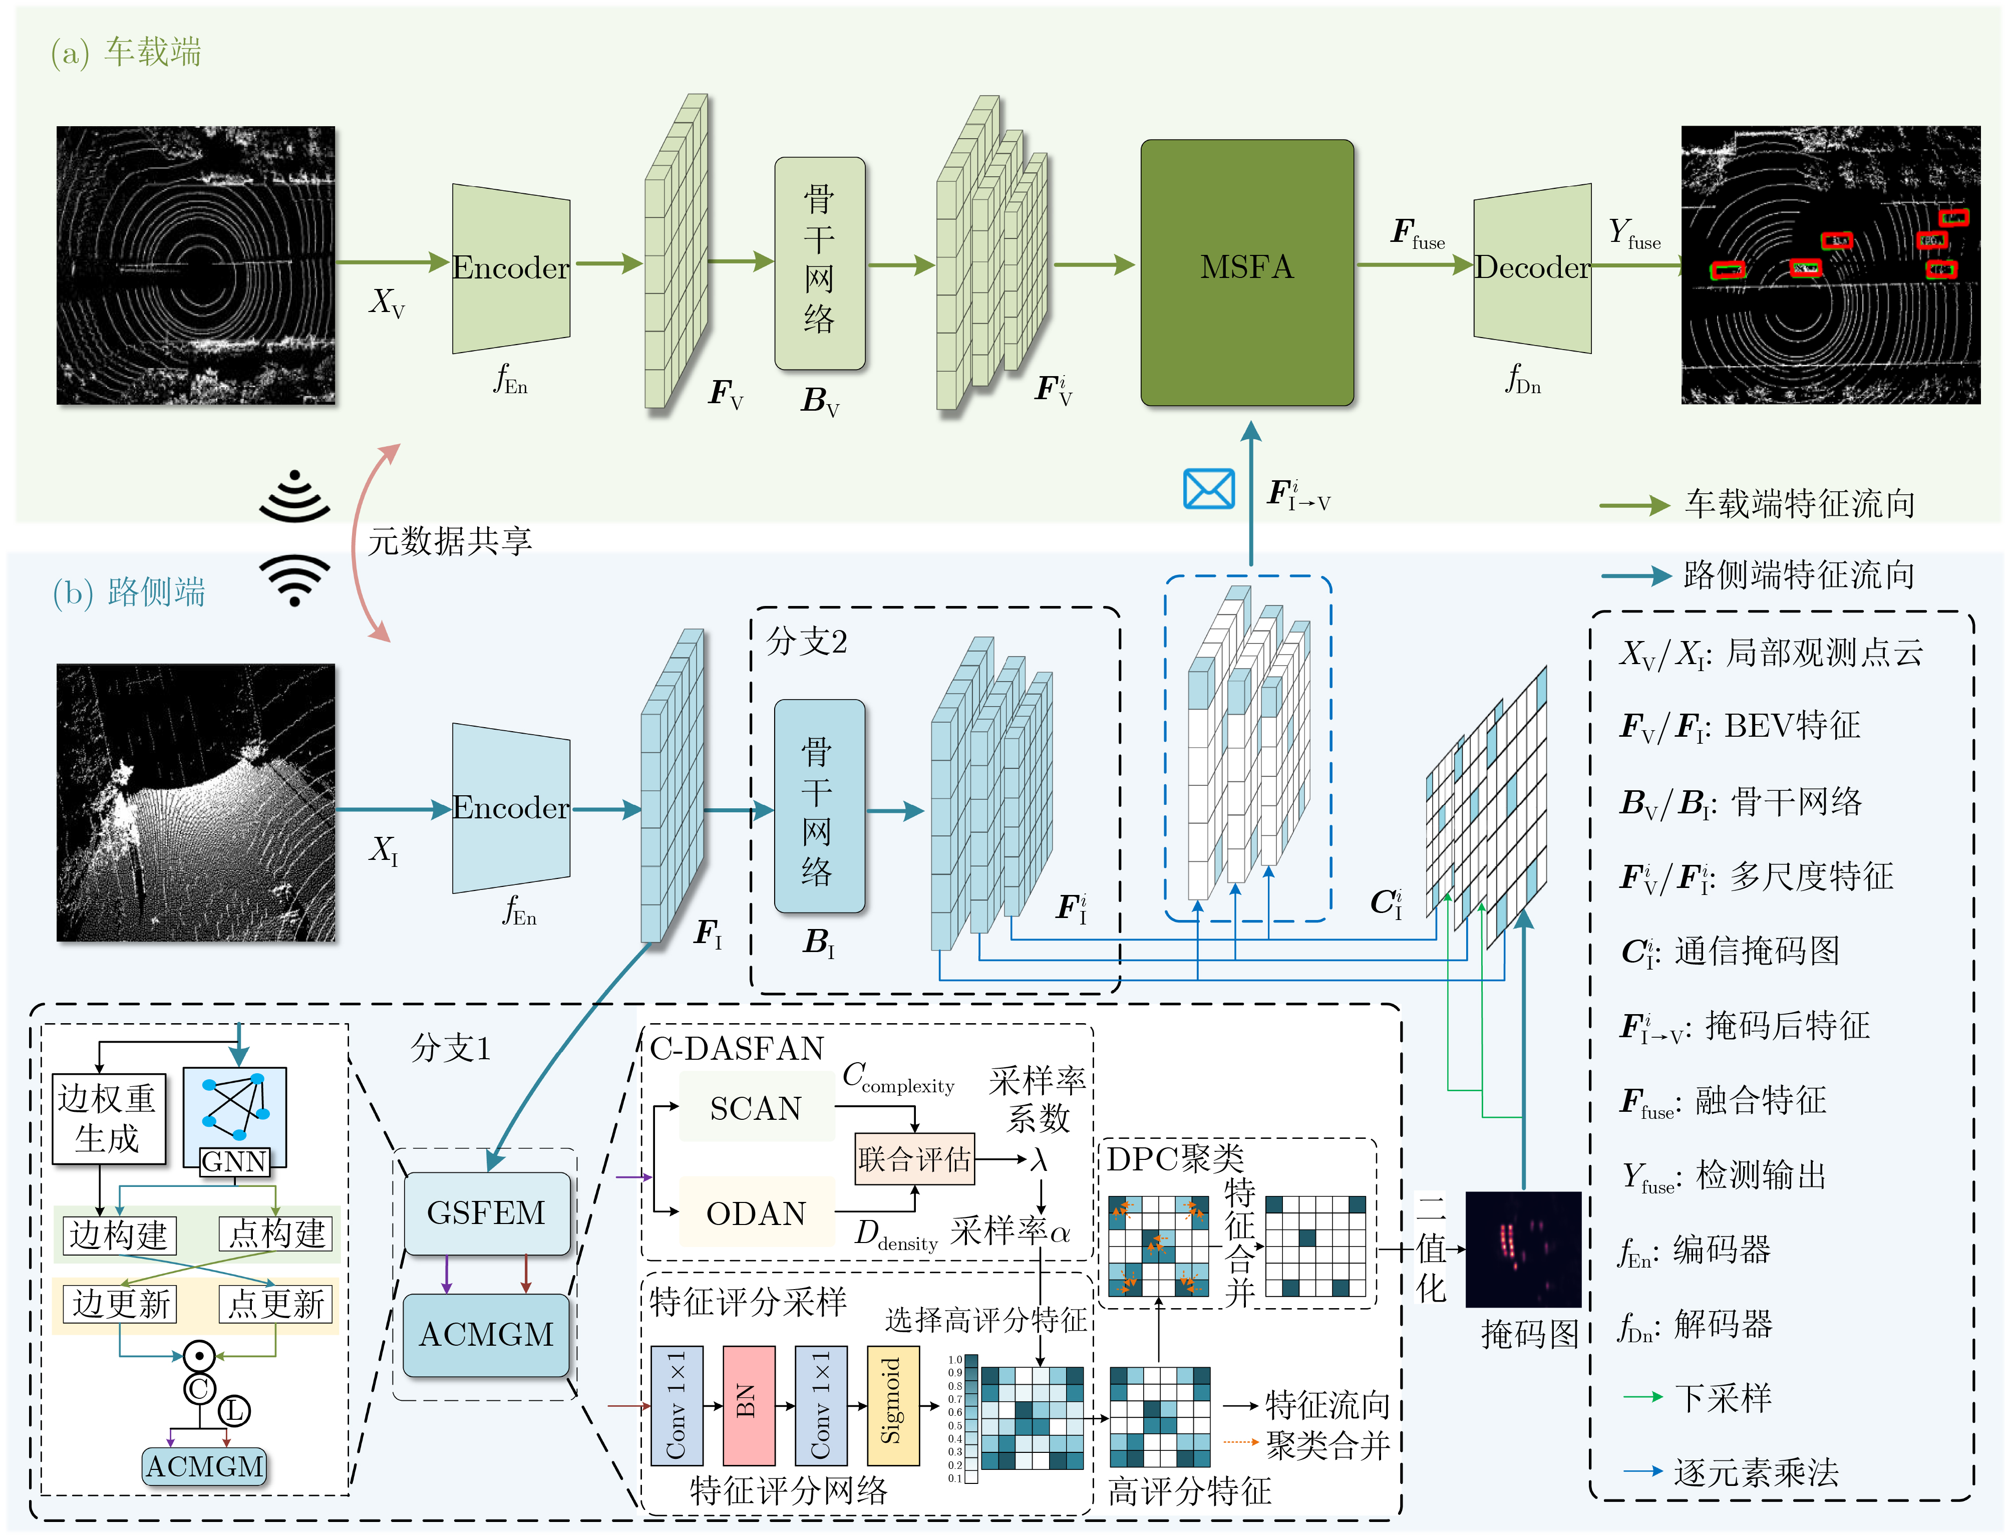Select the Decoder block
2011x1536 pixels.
pyautogui.click(x=1532, y=268)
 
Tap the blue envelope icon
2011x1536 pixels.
pyautogui.click(x=1208, y=489)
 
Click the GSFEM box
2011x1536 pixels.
pyautogui.click(x=486, y=1212)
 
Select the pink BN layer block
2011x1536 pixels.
pyautogui.click(x=748, y=1404)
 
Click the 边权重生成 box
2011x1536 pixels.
pyautogui.click(x=108, y=1118)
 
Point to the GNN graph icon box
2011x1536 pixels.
pyautogui.click(x=235, y=1115)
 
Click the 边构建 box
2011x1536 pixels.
pyautogui.click(x=119, y=1235)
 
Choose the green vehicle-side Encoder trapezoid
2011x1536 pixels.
pyautogui.click(x=510, y=268)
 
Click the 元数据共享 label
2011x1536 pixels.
pyautogui.click(x=450, y=540)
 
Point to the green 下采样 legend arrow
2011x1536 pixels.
pyautogui.click(x=1642, y=1397)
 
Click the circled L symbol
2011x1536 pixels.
pyautogui.click(x=234, y=1411)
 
